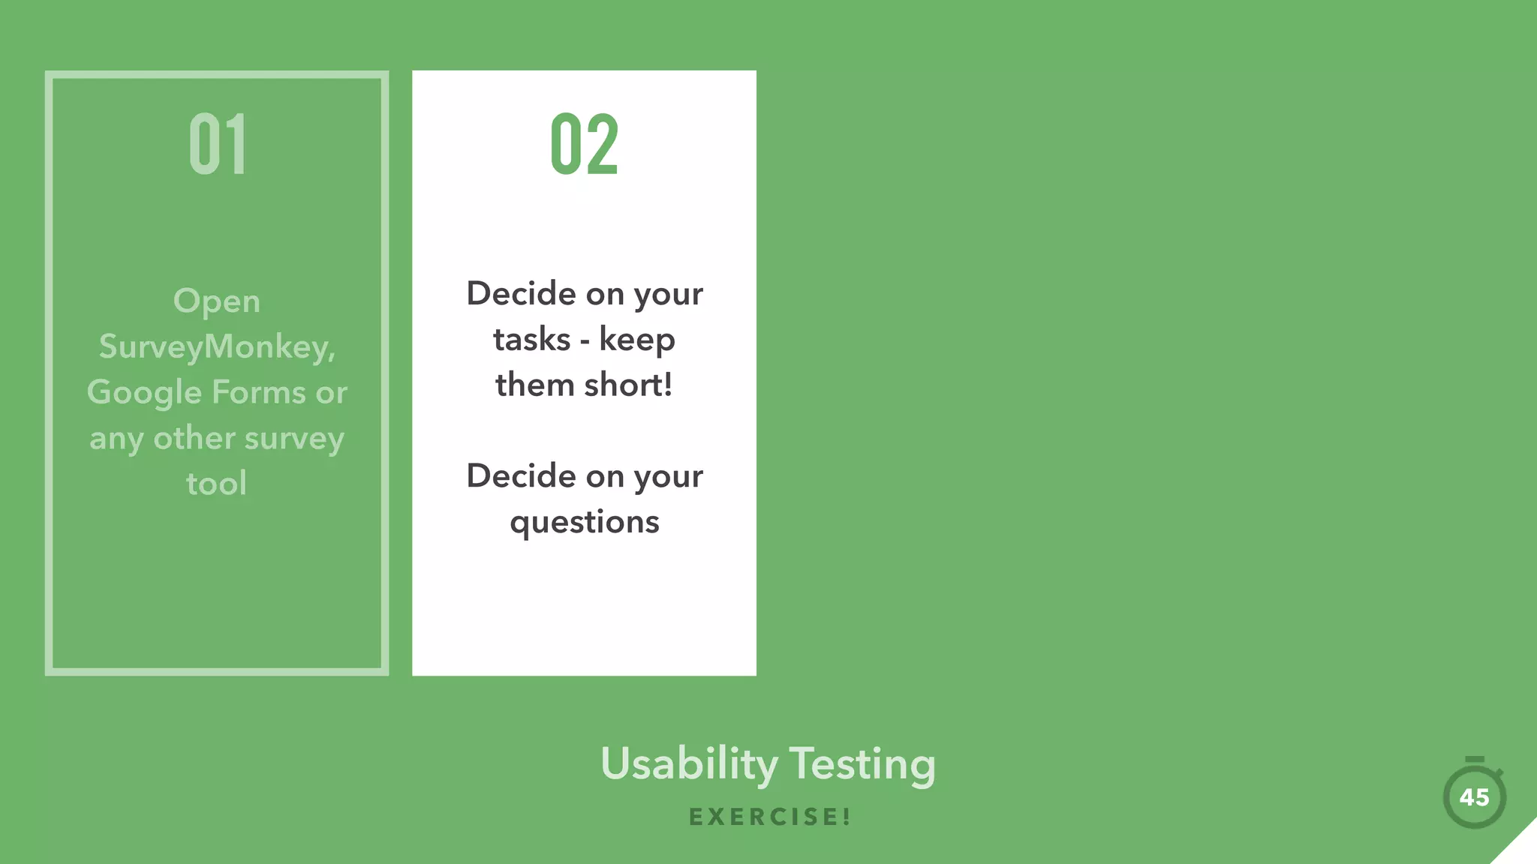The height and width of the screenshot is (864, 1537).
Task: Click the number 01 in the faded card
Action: (x=218, y=144)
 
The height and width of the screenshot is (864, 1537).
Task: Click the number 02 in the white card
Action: (x=585, y=144)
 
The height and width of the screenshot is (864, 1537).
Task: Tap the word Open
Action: (x=217, y=302)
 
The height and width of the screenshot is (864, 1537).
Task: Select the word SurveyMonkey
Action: (x=216, y=347)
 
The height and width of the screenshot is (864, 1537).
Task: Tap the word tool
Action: (x=217, y=484)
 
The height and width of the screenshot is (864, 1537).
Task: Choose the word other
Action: (x=194, y=438)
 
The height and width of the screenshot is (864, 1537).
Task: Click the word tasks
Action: (x=532, y=339)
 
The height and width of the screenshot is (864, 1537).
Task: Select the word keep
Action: (x=637, y=340)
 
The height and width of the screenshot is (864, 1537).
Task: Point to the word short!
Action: (x=628, y=385)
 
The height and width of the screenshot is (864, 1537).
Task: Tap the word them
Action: (x=535, y=385)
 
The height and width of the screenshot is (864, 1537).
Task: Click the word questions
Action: (x=585, y=523)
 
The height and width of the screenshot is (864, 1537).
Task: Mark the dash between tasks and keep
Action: (x=585, y=341)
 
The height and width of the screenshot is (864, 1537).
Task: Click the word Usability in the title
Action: (x=689, y=764)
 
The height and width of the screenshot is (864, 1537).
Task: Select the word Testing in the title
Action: (x=862, y=764)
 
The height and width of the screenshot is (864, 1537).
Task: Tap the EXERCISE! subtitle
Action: (x=770, y=817)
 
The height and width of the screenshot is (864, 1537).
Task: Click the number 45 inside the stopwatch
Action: (x=1475, y=797)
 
